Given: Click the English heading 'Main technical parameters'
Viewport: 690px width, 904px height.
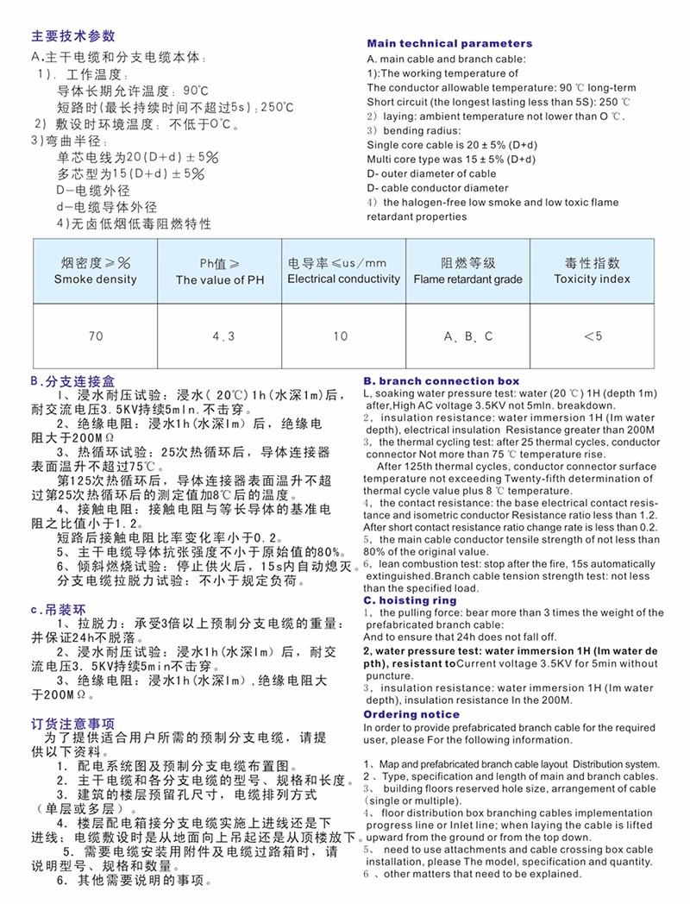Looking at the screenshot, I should (x=449, y=43).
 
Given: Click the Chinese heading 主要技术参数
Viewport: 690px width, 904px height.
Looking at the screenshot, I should (x=72, y=36).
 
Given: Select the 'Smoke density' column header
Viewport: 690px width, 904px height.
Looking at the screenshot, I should (x=95, y=271).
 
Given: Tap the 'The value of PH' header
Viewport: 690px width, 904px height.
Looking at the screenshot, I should (x=220, y=272).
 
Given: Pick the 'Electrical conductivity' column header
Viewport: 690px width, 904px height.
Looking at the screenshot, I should (x=343, y=271).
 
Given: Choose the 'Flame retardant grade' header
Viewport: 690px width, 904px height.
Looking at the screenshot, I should (x=467, y=271).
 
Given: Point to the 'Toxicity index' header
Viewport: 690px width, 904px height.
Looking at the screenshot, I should (x=592, y=271).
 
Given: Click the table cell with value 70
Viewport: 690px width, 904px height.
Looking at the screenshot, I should (x=95, y=336).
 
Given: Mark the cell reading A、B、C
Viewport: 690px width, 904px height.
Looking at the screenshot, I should (x=468, y=336).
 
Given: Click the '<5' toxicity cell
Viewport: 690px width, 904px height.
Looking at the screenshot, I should (x=593, y=336).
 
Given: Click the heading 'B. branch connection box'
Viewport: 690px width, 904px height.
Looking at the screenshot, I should (x=441, y=380).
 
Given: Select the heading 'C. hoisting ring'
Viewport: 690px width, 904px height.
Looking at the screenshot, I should (x=410, y=600).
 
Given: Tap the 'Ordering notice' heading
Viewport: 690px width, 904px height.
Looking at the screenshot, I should (x=411, y=714).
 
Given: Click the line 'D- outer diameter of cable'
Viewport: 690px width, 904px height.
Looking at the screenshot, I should (x=431, y=173).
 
